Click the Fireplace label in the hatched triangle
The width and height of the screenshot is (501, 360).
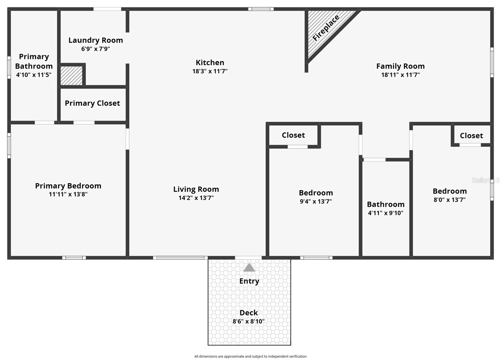326,28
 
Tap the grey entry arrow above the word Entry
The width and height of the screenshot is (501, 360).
249,268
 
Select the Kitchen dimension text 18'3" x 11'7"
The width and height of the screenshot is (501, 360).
210,71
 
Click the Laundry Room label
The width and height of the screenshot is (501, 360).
96,40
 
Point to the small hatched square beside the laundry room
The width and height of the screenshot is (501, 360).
71,75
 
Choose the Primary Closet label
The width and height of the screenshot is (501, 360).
92,103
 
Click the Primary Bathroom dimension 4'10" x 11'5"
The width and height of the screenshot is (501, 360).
34,75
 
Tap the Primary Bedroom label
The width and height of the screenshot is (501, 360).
68,186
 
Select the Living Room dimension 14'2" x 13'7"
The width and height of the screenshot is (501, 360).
196,198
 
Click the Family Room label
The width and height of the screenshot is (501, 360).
400,66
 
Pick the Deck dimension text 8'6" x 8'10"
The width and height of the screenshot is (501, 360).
249,321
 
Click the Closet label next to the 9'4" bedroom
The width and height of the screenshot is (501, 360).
293,135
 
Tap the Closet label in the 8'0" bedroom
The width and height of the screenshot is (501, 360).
471,136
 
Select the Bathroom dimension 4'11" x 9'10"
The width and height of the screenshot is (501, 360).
385,213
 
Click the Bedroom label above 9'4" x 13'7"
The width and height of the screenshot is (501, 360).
316,193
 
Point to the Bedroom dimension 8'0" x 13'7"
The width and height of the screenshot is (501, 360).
449,200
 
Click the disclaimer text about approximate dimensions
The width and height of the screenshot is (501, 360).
250,356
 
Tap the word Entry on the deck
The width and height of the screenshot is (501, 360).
249,281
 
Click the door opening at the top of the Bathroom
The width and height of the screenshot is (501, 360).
374,160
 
